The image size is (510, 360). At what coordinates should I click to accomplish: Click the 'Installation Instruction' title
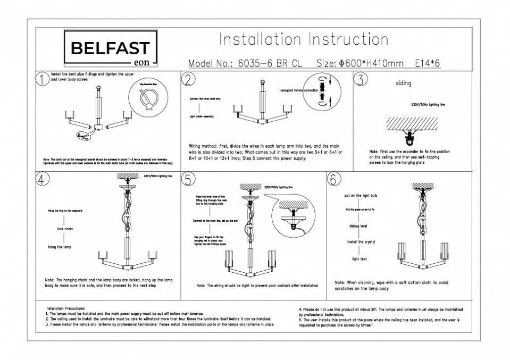coord(304,40)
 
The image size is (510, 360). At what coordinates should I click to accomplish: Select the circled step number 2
coord(188,79)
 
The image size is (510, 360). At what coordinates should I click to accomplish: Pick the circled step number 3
coord(361,79)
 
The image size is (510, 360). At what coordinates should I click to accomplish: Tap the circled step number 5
coord(188,179)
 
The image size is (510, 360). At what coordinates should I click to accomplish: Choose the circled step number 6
coord(333,179)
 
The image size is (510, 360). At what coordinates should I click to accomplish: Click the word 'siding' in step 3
coord(403,83)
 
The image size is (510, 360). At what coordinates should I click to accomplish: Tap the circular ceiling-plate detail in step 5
coord(294,216)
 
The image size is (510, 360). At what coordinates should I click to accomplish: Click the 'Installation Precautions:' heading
coord(72,309)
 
